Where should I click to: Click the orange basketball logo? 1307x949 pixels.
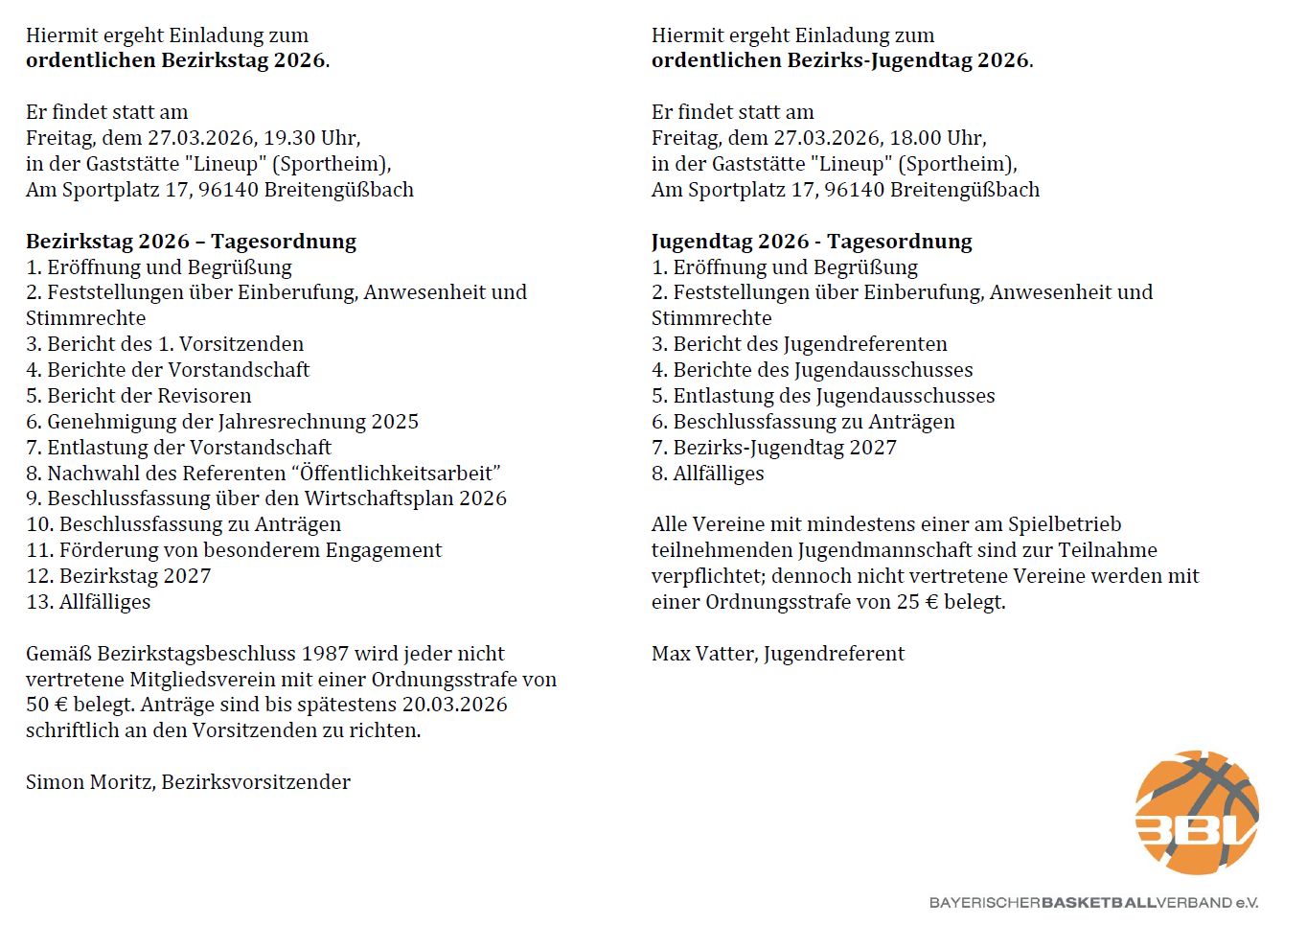click(1196, 813)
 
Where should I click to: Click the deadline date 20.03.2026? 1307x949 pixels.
click(454, 705)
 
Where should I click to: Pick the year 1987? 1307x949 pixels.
click(325, 654)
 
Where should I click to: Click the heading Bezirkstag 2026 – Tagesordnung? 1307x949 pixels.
click(191, 242)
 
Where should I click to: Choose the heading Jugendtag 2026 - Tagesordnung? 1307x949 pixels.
click(812, 242)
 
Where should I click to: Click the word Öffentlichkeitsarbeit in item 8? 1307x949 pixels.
click(400, 474)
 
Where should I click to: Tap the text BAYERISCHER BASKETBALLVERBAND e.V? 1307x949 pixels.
click(1093, 903)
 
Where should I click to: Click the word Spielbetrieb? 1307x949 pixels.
click(1064, 524)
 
